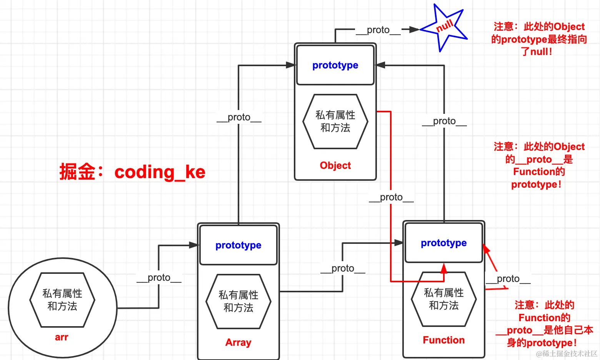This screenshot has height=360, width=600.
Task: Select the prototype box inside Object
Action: click(335, 65)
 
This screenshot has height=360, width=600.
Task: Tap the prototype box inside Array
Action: click(238, 245)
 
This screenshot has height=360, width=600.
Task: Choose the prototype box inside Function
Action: click(443, 243)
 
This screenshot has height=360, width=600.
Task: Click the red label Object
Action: click(335, 165)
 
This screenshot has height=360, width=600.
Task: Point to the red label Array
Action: click(238, 342)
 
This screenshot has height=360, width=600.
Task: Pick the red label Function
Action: click(443, 340)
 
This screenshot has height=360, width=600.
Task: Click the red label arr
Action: click(62, 337)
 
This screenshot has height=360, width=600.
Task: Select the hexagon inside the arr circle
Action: click(62, 300)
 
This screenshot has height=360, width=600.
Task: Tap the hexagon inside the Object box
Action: click(335, 122)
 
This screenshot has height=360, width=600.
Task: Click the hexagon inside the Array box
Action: click(238, 302)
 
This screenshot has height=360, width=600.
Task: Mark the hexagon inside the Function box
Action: click(443, 299)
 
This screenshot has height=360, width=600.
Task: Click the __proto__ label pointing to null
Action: click(378, 30)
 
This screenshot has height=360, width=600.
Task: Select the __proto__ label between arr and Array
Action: click(159, 278)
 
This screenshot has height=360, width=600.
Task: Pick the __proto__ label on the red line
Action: click(391, 197)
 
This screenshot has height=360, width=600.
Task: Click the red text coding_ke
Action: click(160, 172)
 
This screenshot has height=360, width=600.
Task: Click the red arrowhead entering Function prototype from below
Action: click(443, 268)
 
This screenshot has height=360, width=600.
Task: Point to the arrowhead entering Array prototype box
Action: click(194, 245)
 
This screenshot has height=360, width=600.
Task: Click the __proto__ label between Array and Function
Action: click(343, 268)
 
